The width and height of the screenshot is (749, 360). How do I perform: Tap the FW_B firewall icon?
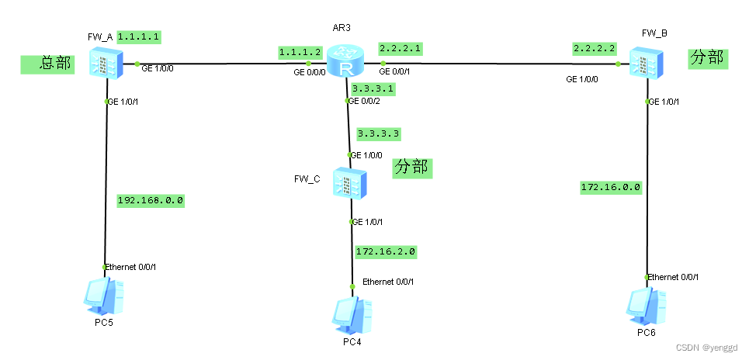tap(645, 61)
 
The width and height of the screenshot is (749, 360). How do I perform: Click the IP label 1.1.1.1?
tap(139, 36)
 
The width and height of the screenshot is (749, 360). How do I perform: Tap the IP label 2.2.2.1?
tap(400, 48)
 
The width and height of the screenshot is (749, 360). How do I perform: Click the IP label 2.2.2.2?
tap(595, 48)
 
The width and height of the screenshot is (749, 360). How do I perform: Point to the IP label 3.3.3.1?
tap(373, 88)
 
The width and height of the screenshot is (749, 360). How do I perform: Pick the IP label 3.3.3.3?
tap(379, 133)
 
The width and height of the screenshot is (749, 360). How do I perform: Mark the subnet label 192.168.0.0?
tap(151, 199)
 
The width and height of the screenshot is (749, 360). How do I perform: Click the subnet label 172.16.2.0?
tap(386, 251)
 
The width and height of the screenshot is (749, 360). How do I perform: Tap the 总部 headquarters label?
tap(47, 64)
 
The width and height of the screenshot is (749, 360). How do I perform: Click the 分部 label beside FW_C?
tap(412, 167)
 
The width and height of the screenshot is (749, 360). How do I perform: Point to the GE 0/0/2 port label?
tap(366, 101)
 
